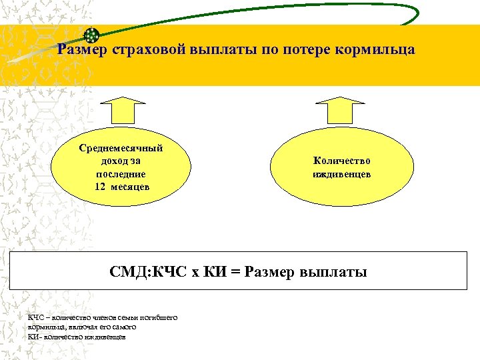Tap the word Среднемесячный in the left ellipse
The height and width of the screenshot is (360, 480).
pyautogui.click(x=121, y=148)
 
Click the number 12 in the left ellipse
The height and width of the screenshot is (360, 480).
pyautogui.click(x=100, y=187)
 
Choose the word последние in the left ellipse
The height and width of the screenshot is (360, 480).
pyautogui.click(x=121, y=173)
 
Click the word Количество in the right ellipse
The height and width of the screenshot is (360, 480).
pyautogui.click(x=341, y=161)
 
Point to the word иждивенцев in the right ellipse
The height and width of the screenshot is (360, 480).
pyautogui.click(x=341, y=174)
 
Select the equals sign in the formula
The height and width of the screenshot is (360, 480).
pyautogui.click(x=235, y=272)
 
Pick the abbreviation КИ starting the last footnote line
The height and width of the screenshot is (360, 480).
pyautogui.click(x=33, y=337)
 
